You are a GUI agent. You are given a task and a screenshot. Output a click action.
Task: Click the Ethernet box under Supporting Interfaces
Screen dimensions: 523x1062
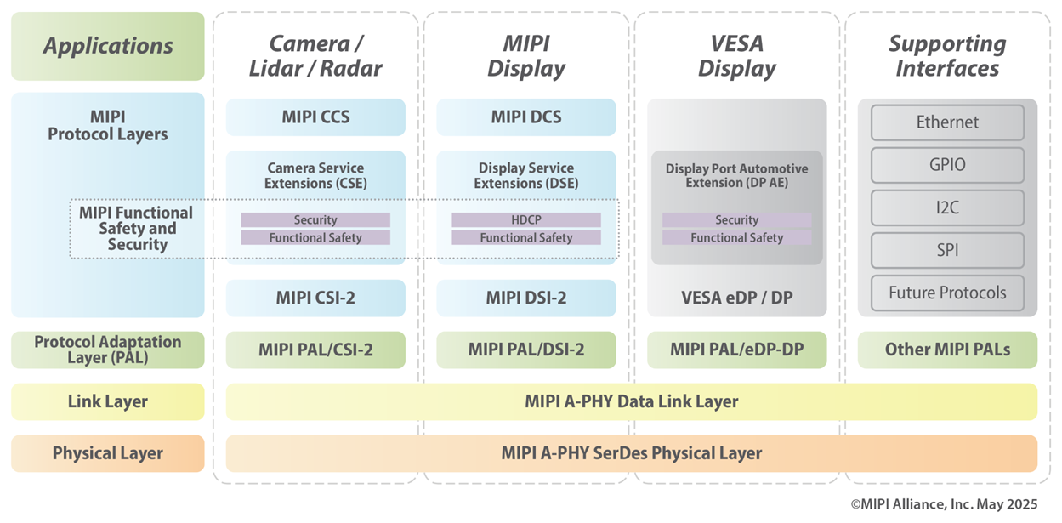point(947,122)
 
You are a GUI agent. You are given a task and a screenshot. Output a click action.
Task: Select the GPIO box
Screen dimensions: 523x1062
point(947,165)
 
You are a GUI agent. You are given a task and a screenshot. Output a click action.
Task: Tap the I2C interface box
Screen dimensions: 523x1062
point(947,207)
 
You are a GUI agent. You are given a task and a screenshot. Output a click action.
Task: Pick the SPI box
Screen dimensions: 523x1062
point(947,250)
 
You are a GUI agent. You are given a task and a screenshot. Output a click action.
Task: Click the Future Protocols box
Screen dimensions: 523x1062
point(947,293)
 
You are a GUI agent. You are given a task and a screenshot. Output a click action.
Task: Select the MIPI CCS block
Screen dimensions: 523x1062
point(315,117)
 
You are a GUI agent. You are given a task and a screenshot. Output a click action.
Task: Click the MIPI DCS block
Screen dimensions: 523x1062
point(525,117)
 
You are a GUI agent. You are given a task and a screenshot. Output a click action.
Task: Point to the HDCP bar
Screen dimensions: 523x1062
point(525,220)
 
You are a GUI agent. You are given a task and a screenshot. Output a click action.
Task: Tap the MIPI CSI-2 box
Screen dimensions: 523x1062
point(315,298)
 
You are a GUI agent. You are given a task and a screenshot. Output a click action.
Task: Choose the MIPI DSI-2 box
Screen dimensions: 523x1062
point(525,298)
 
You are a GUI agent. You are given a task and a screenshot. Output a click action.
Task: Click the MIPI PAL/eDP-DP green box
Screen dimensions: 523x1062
point(736,350)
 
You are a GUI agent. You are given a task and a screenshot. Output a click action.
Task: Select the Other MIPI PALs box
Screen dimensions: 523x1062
point(947,350)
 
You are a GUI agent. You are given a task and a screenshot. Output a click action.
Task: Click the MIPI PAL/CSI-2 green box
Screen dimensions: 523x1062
point(315,350)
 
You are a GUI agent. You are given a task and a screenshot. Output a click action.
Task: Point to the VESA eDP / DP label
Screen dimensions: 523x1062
point(736,298)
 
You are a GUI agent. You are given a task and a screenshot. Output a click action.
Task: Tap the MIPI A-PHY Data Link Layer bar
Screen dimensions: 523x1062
point(631,401)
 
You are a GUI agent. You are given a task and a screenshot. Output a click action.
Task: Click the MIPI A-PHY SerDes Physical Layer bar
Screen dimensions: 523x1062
point(631,453)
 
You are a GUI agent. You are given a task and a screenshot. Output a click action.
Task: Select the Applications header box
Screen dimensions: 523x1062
point(108,46)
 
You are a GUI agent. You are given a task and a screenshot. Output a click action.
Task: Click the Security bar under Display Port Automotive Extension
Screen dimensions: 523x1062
point(736,220)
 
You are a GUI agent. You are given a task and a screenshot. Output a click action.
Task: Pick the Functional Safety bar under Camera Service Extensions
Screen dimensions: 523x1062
point(315,238)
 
